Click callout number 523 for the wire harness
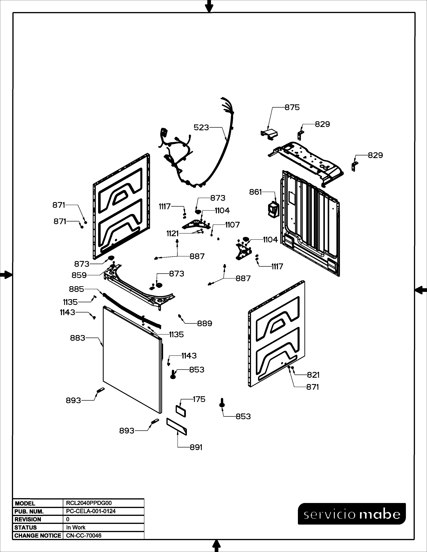pos(201,128)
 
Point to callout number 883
pos(78,338)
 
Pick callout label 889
pos(205,324)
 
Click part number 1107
pos(232,225)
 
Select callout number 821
pos(313,375)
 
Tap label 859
pos(79,275)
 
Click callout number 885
pos(76,289)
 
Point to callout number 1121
pos(172,234)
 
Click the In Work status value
pos(76,527)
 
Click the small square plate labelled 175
pos(181,411)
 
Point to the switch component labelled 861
pos(272,209)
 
